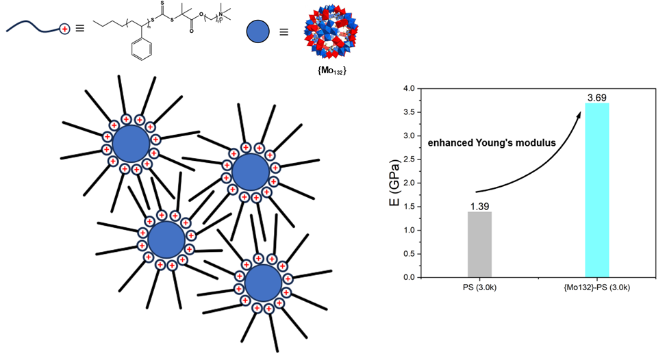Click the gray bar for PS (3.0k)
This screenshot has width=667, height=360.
[479, 244]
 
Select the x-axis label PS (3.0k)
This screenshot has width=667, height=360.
[479, 288]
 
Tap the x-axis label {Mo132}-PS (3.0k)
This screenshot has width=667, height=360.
[596, 288]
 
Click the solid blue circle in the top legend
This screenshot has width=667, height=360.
[257, 30]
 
